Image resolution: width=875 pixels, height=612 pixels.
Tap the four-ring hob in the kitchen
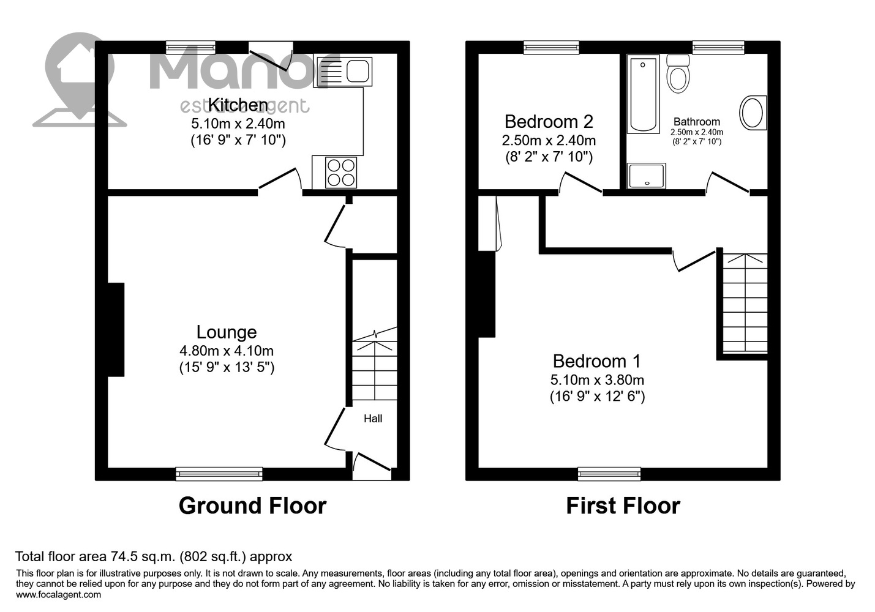click(x=341, y=172)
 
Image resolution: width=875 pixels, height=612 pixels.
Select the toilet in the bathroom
click(x=678, y=73)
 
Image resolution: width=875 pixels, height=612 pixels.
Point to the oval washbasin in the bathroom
click(x=753, y=113)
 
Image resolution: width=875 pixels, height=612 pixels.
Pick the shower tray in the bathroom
click(x=646, y=176)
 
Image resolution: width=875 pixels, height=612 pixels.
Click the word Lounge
click(x=227, y=332)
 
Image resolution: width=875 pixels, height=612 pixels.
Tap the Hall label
click(x=373, y=419)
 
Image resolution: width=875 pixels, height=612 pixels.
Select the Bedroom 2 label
click(x=549, y=122)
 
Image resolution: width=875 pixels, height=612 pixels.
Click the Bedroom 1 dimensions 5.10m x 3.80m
click(x=597, y=379)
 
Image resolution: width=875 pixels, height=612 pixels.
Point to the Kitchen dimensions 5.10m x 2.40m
click(x=238, y=124)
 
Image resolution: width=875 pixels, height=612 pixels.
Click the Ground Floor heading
click(x=252, y=506)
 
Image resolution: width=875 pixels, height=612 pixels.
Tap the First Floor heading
click(x=623, y=506)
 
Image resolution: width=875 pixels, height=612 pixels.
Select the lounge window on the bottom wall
click(x=219, y=474)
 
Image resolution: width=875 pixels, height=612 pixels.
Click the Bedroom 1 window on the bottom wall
click(x=609, y=474)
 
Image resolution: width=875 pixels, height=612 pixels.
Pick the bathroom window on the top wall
click(x=718, y=48)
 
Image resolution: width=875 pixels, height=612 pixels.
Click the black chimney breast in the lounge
click(x=116, y=329)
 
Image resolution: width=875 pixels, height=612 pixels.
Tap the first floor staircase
click(x=745, y=303)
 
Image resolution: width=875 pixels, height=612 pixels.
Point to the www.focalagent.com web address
click(x=59, y=595)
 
